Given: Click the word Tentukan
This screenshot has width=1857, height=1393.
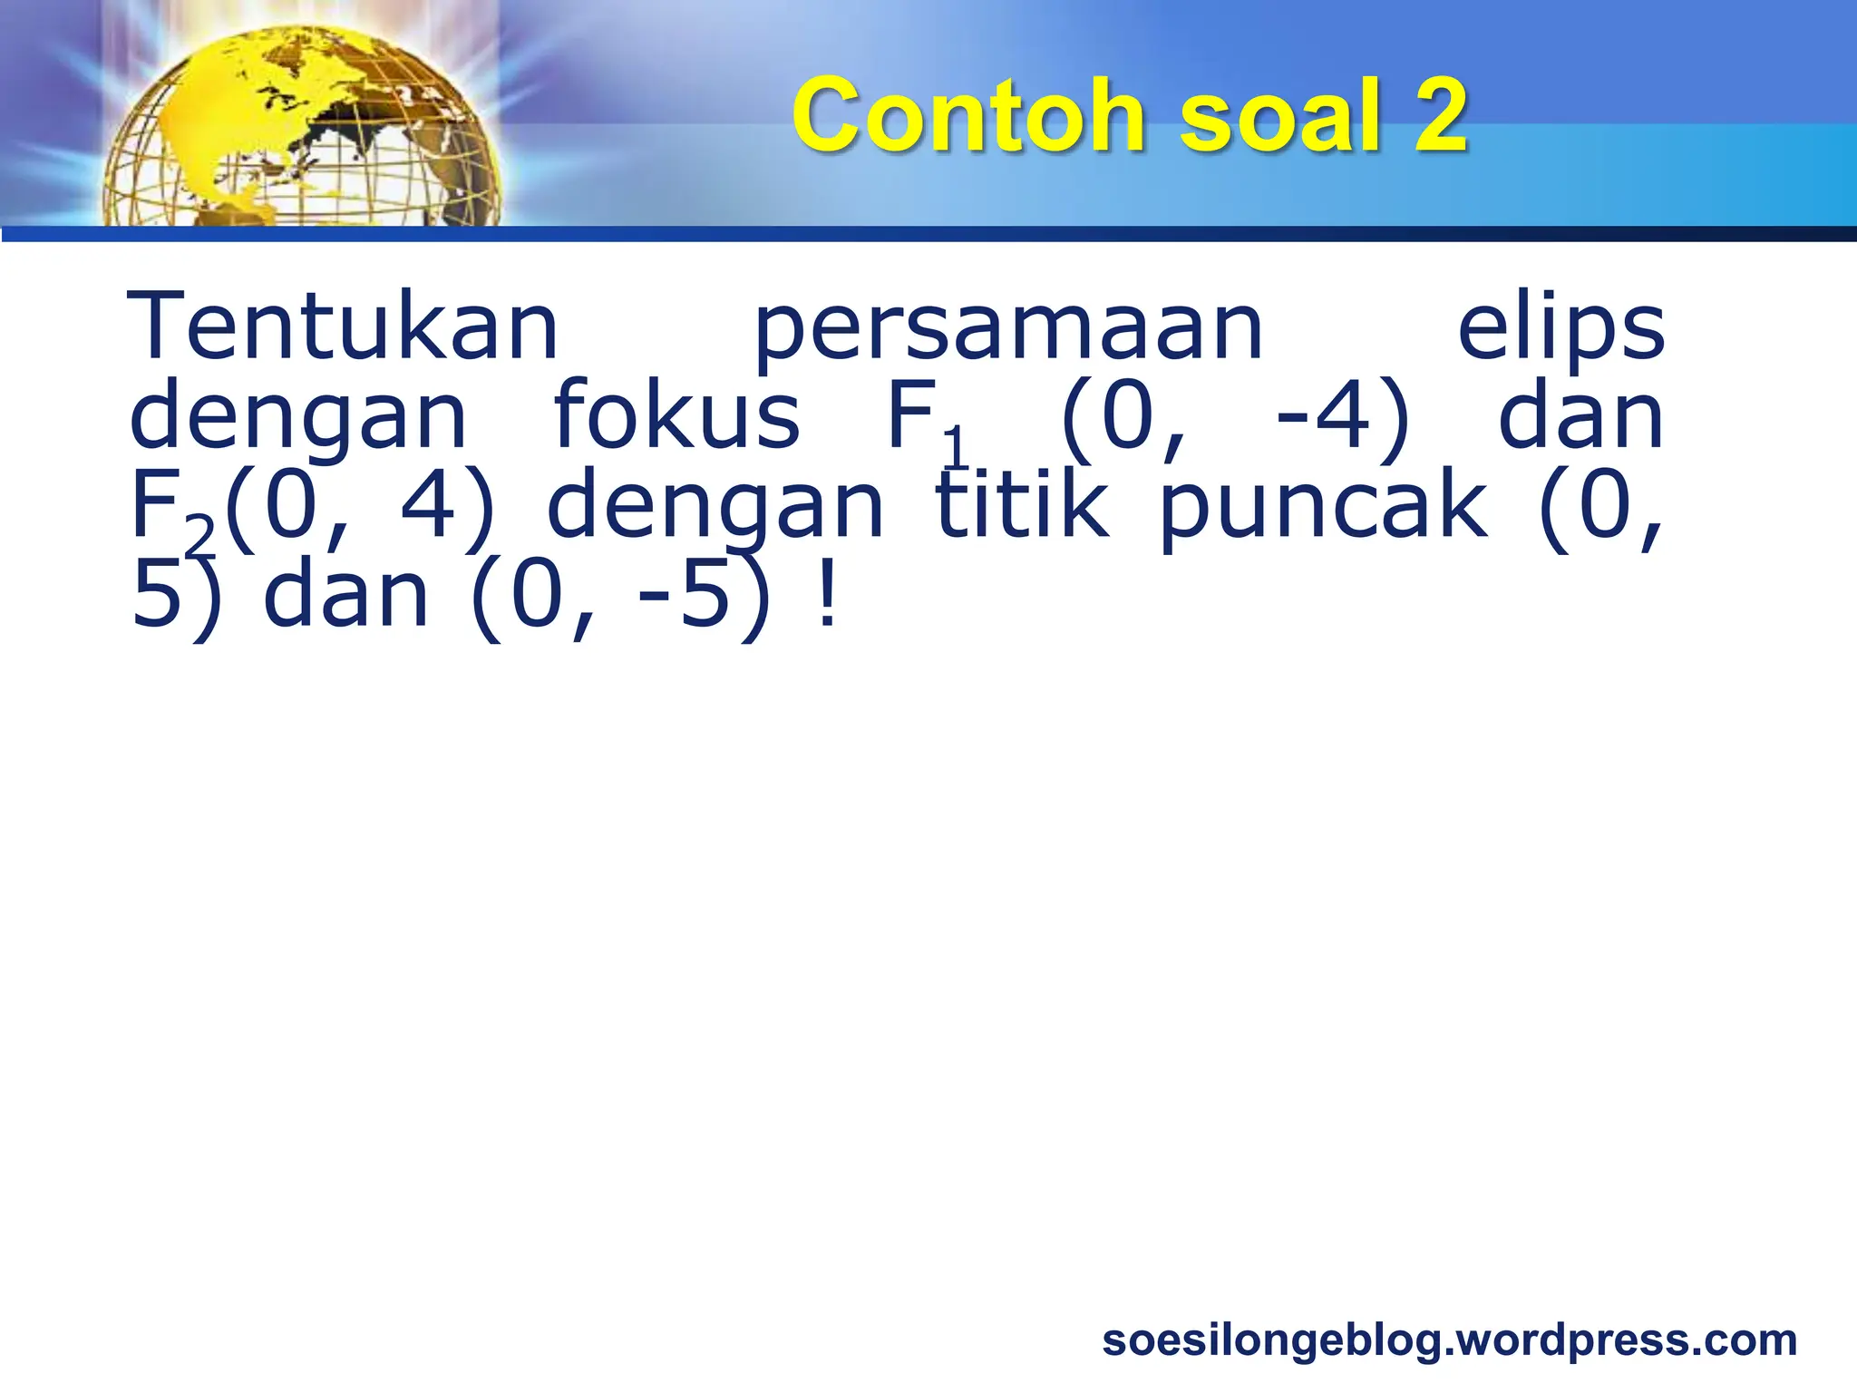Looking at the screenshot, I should [x=344, y=326].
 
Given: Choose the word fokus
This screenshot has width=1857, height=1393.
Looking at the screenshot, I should [x=676, y=415].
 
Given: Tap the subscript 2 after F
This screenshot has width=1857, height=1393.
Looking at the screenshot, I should [x=199, y=535].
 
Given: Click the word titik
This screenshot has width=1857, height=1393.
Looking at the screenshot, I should [x=1023, y=504].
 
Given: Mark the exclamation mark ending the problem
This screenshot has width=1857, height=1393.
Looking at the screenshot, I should [x=825, y=594].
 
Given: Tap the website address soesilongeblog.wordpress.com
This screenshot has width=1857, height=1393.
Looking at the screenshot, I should [x=1449, y=1339].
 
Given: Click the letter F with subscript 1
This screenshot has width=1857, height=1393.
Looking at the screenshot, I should [x=910, y=415].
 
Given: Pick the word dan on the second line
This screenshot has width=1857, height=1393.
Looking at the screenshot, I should [x=1580, y=415].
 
